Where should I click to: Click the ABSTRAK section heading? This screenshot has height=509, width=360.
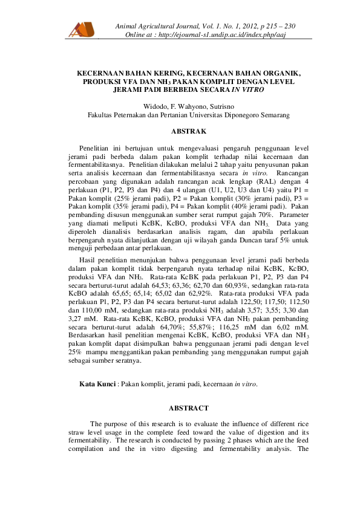point(189,131)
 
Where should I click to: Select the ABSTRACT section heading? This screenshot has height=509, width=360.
point(189,408)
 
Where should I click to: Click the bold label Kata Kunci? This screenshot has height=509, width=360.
point(97,384)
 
